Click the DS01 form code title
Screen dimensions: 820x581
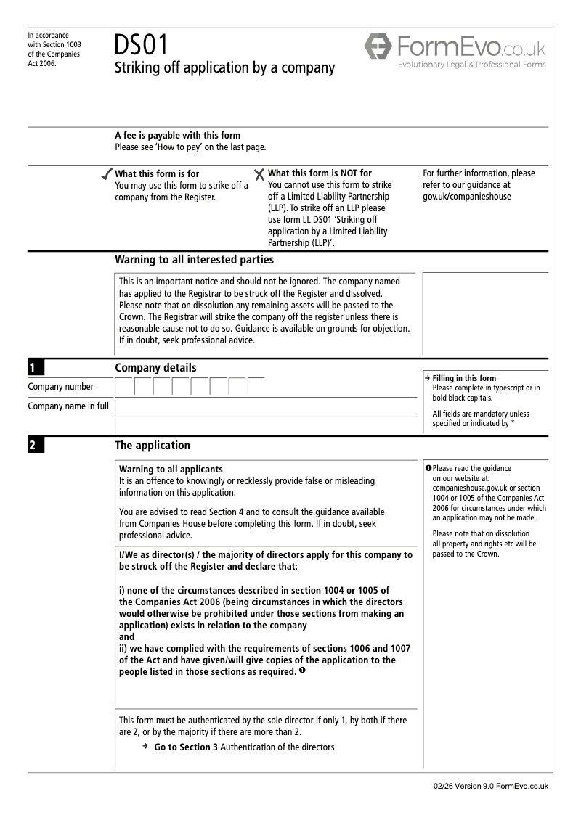(141, 45)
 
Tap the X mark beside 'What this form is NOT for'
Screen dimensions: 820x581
(259, 174)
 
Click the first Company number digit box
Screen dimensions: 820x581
(124, 386)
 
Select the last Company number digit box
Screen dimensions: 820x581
(256, 386)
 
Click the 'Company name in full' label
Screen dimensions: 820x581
(68, 406)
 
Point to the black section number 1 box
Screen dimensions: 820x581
(36, 368)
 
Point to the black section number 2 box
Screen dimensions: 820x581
(36, 446)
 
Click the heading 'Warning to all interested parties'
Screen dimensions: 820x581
(194, 260)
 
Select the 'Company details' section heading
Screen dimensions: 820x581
(155, 368)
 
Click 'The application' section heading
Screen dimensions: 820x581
(153, 446)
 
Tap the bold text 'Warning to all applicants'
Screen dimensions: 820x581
(171, 470)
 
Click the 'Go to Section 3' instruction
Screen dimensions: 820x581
(185, 747)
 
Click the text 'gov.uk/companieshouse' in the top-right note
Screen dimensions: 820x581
(466, 197)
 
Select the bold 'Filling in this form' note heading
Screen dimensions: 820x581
(464, 378)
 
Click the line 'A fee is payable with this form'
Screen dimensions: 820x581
(178, 136)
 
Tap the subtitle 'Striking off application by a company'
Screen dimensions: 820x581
(225, 68)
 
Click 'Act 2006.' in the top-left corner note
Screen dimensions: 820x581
(42, 63)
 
